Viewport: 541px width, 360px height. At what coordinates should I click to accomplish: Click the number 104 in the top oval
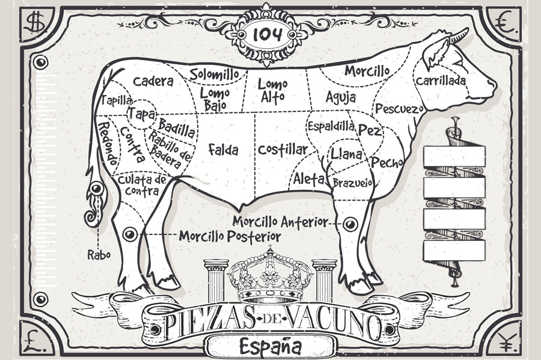[x=267, y=34]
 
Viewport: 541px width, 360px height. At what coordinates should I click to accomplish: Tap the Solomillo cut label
[x=214, y=74]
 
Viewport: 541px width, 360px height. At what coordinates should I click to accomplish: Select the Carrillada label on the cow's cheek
[x=441, y=81]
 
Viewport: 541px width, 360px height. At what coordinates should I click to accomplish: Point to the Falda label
[x=224, y=150]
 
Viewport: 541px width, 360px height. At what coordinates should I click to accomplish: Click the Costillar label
[x=283, y=150]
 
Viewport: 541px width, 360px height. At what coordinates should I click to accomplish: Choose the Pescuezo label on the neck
[x=399, y=109]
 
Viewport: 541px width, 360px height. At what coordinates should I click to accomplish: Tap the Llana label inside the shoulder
[x=346, y=154]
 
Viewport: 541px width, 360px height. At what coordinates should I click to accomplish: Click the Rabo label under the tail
[x=99, y=255]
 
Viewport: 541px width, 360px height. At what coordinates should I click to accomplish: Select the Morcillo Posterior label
[x=230, y=236]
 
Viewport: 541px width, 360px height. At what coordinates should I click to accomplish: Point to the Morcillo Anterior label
[x=280, y=221]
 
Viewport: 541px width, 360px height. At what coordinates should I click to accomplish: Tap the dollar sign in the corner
[x=35, y=22]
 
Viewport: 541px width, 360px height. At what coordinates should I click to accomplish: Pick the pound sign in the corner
[x=35, y=340]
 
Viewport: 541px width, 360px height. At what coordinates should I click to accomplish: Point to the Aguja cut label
[x=341, y=97]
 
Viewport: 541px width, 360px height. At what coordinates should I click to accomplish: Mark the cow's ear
[x=435, y=52]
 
